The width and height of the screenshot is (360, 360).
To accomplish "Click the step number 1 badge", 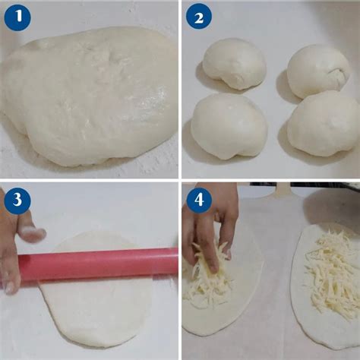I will coord(17,17).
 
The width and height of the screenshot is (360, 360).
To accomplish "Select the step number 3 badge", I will coord(17,201).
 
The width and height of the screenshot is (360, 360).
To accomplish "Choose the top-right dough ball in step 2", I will coord(318,70).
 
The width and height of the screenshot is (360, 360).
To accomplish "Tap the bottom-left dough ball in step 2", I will coord(229,125).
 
